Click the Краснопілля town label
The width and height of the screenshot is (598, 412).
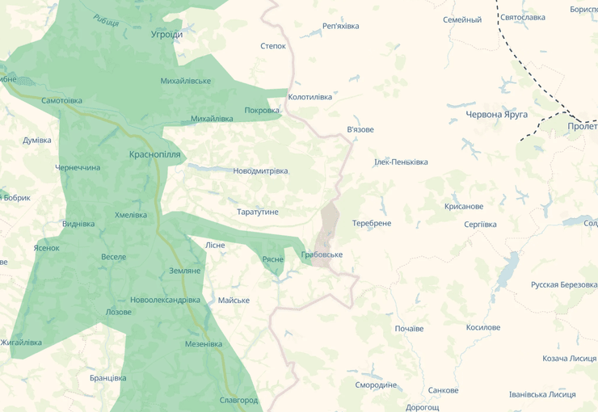pos(155,154)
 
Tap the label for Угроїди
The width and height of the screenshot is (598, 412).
pos(167,35)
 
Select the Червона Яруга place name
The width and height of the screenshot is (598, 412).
pos(496,115)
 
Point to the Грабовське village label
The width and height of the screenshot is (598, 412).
pos(322,254)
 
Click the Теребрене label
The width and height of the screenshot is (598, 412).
pos(372,223)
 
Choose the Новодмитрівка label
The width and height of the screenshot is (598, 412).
pos(260,171)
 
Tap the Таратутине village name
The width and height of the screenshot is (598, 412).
pos(257,212)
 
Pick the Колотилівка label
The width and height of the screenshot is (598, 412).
pos(310,97)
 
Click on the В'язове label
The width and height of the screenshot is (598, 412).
pos(360,129)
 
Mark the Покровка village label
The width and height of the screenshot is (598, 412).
pos(262,111)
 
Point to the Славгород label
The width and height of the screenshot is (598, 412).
pos(238,400)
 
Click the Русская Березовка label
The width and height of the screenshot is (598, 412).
pos(563,284)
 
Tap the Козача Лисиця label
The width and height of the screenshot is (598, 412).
pos(569,359)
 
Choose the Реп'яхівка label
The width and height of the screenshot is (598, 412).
pos(340,26)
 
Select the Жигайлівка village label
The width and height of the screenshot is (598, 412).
pos(20,343)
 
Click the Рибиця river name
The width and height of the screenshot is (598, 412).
pos(106,20)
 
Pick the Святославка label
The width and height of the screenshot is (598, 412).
pos(523,17)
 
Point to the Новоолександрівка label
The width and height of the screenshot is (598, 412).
pos(165,300)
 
